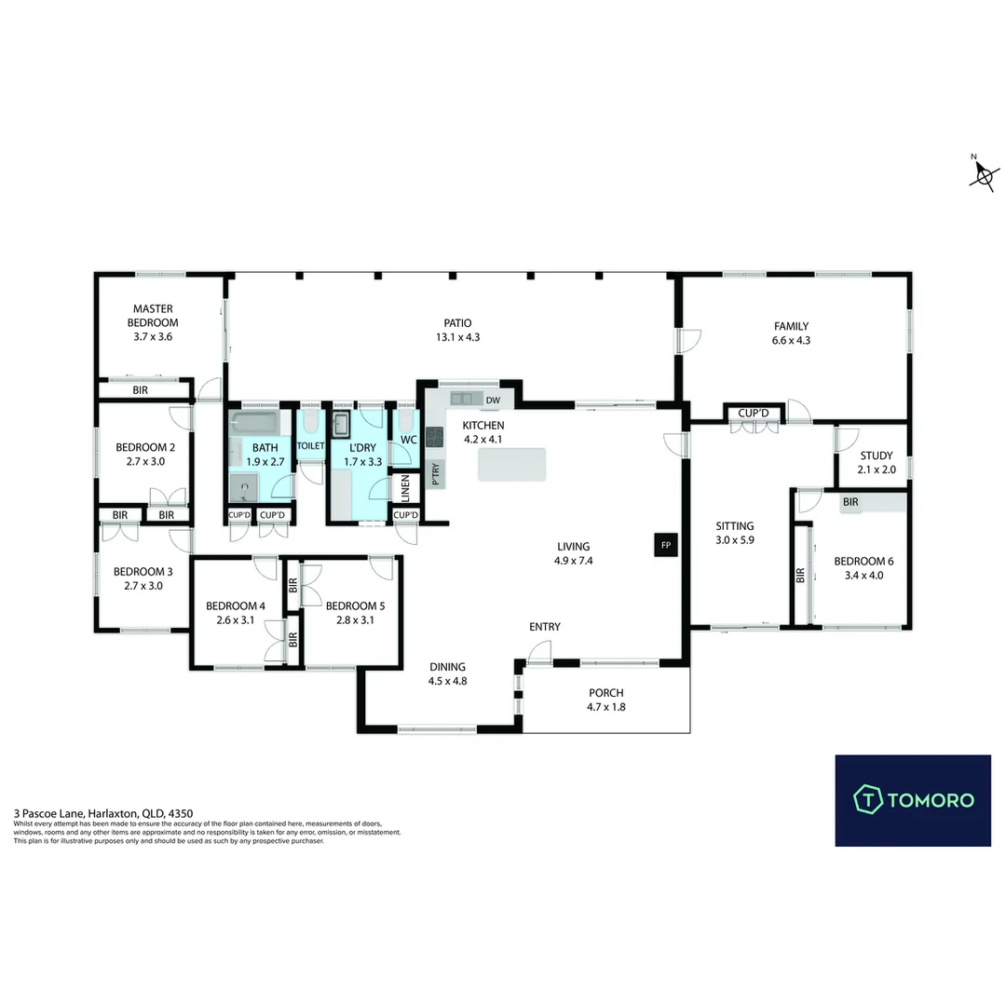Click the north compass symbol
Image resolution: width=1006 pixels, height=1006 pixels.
pyautogui.click(x=984, y=174)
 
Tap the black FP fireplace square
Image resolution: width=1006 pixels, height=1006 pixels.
pyautogui.click(x=665, y=544)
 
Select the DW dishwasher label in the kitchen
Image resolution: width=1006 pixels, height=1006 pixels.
pyautogui.click(x=493, y=401)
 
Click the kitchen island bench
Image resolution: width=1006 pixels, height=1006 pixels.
pyautogui.click(x=511, y=464)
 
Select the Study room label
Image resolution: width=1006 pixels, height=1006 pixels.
pyautogui.click(x=877, y=455)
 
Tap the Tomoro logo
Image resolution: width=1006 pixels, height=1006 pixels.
pyautogui.click(x=913, y=799)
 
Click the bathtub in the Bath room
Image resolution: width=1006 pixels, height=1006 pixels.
pyautogui.click(x=256, y=424)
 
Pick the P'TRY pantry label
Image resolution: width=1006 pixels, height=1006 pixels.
pyautogui.click(x=435, y=474)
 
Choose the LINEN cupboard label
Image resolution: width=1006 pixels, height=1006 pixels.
pyautogui.click(x=405, y=487)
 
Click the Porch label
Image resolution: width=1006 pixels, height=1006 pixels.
pyautogui.click(x=605, y=693)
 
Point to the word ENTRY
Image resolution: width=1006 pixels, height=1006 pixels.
pyautogui.click(x=545, y=627)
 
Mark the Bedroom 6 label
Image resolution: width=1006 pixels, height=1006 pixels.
pyautogui.click(x=863, y=561)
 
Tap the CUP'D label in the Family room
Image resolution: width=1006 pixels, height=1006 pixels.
pyautogui.click(x=753, y=413)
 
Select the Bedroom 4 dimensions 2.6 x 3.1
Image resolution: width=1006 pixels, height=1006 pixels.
pyautogui.click(x=235, y=620)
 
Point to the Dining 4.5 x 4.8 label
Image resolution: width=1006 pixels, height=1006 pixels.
pyautogui.click(x=447, y=681)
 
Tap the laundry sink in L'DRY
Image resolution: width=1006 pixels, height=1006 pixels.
pyautogui.click(x=342, y=425)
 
